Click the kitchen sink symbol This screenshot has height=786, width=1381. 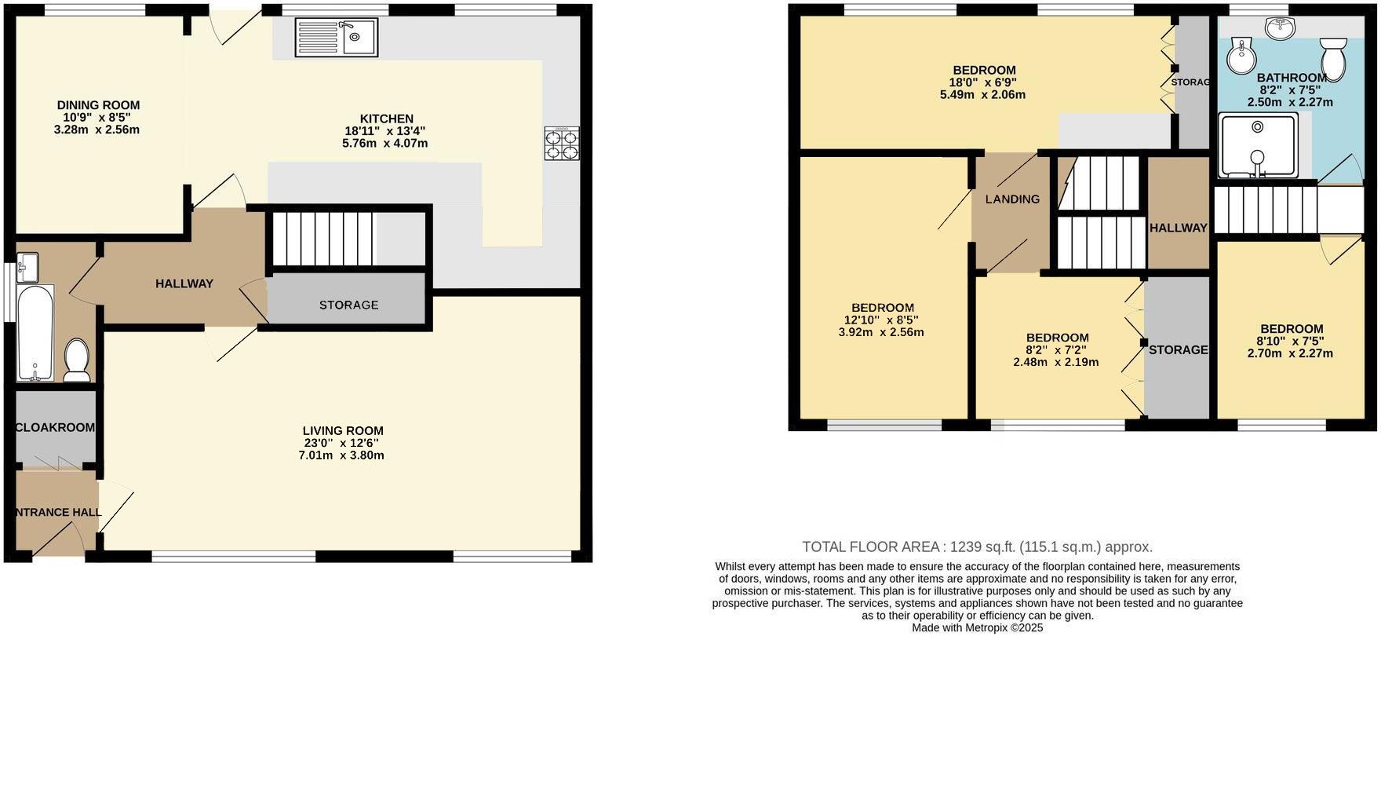click(x=337, y=38)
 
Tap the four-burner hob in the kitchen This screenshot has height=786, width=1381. click(x=562, y=144)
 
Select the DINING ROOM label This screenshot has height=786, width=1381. click(x=98, y=105)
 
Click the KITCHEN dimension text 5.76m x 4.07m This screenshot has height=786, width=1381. click(x=385, y=144)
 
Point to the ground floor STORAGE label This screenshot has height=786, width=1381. click(x=348, y=305)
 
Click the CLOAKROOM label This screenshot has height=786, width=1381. click(x=56, y=428)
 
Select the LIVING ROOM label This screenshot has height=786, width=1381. click(x=343, y=430)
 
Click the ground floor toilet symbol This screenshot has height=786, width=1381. click(x=77, y=359)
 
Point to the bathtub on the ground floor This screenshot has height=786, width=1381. click(x=35, y=332)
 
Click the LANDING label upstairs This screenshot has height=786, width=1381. click(x=1012, y=199)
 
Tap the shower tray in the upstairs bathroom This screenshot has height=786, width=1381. click(x=1258, y=145)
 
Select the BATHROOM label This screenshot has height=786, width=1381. click(x=1292, y=78)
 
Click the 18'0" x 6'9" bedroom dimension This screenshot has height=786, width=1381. click(x=983, y=82)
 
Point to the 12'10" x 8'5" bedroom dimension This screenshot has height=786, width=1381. click(x=882, y=320)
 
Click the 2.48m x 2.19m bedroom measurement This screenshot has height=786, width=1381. click(x=1055, y=363)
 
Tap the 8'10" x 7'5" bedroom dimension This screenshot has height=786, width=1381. click(x=1291, y=342)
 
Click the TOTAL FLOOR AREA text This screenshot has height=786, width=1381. click(x=977, y=547)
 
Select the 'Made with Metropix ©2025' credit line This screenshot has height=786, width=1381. click(x=977, y=628)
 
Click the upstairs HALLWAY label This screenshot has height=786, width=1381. click(x=1178, y=228)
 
